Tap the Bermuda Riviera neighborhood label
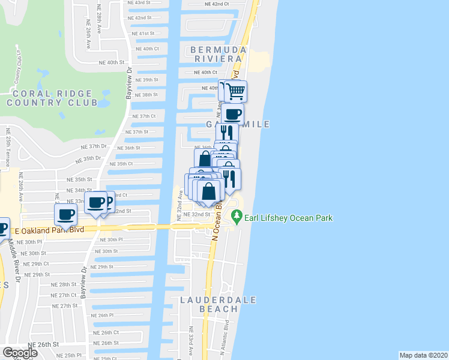(x=218, y=53)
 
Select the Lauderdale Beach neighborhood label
(x=218, y=304)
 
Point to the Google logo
(x=20, y=353)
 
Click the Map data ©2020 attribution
(x=424, y=355)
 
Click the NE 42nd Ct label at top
(x=217, y=4)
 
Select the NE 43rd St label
(x=139, y=3)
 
